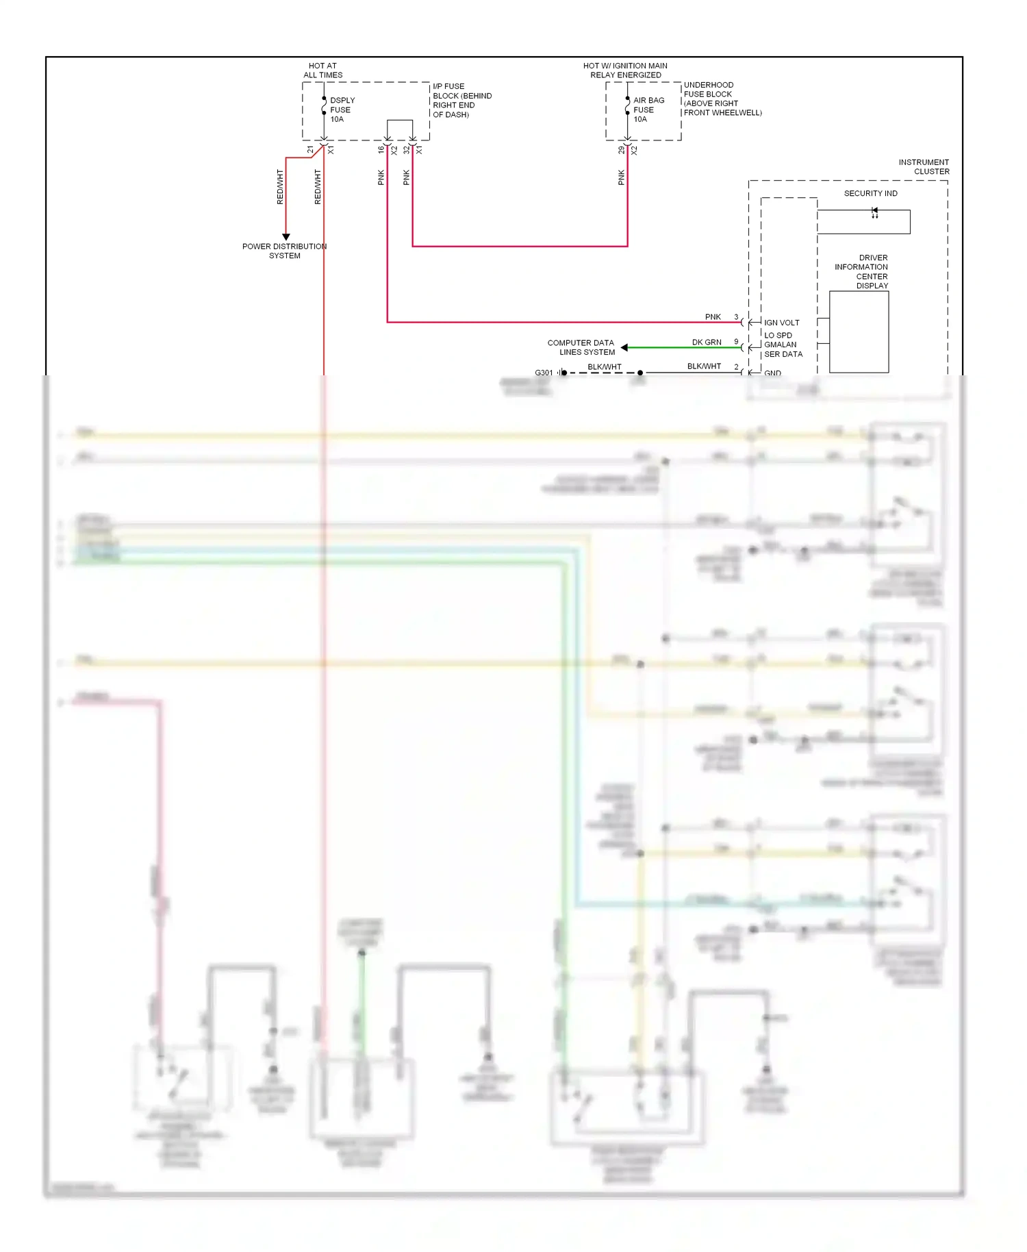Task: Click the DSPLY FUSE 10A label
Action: pyautogui.click(x=342, y=110)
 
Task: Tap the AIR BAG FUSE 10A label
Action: pyautogui.click(x=648, y=110)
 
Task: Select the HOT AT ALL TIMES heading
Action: pyautogui.click(x=322, y=71)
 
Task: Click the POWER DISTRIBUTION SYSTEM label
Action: pyautogui.click(x=284, y=251)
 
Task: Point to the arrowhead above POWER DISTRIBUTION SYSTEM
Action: pyautogui.click(x=286, y=237)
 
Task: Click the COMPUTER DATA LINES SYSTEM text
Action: pyautogui.click(x=581, y=347)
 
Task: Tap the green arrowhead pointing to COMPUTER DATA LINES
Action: pyautogui.click(x=624, y=348)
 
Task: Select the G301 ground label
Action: pyautogui.click(x=544, y=373)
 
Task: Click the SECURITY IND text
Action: pyautogui.click(x=870, y=193)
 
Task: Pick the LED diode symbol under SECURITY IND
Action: pyautogui.click(x=874, y=213)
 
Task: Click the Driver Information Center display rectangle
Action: pyautogui.click(x=859, y=332)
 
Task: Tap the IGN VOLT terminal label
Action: pyautogui.click(x=781, y=323)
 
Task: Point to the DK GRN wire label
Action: pyautogui.click(x=707, y=342)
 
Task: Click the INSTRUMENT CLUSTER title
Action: pyautogui.click(x=924, y=167)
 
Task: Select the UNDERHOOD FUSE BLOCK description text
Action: pyautogui.click(x=722, y=99)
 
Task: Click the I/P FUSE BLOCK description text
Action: pyautogui.click(x=461, y=101)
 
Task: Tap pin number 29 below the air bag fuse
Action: pyautogui.click(x=622, y=150)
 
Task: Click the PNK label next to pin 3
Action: pyautogui.click(x=713, y=316)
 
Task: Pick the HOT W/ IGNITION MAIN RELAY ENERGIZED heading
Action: pyautogui.click(x=625, y=71)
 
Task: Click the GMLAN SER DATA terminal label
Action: pyautogui.click(x=783, y=349)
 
